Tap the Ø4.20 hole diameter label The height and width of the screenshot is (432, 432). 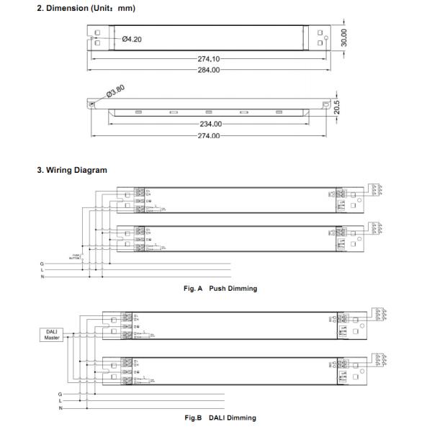[132, 39]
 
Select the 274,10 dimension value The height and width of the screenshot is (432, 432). [209, 60]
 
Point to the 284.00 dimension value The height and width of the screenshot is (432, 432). [209, 70]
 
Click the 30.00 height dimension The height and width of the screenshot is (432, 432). [344, 37]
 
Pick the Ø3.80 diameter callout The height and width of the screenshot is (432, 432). [115, 91]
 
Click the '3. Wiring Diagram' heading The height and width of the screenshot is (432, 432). [72, 171]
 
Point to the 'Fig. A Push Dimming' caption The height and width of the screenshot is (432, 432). [221, 289]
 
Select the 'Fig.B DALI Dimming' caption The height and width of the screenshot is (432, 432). [220, 418]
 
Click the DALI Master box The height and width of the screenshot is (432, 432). [52, 334]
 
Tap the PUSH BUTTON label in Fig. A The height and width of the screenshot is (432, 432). [75, 256]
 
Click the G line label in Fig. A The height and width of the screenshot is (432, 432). [42, 264]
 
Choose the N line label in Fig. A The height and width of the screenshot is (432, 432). [42, 276]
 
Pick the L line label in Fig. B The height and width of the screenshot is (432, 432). [60, 401]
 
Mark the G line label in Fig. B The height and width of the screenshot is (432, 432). [60, 395]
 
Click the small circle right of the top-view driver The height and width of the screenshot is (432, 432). [326, 37]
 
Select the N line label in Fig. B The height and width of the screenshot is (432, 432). [60, 408]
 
